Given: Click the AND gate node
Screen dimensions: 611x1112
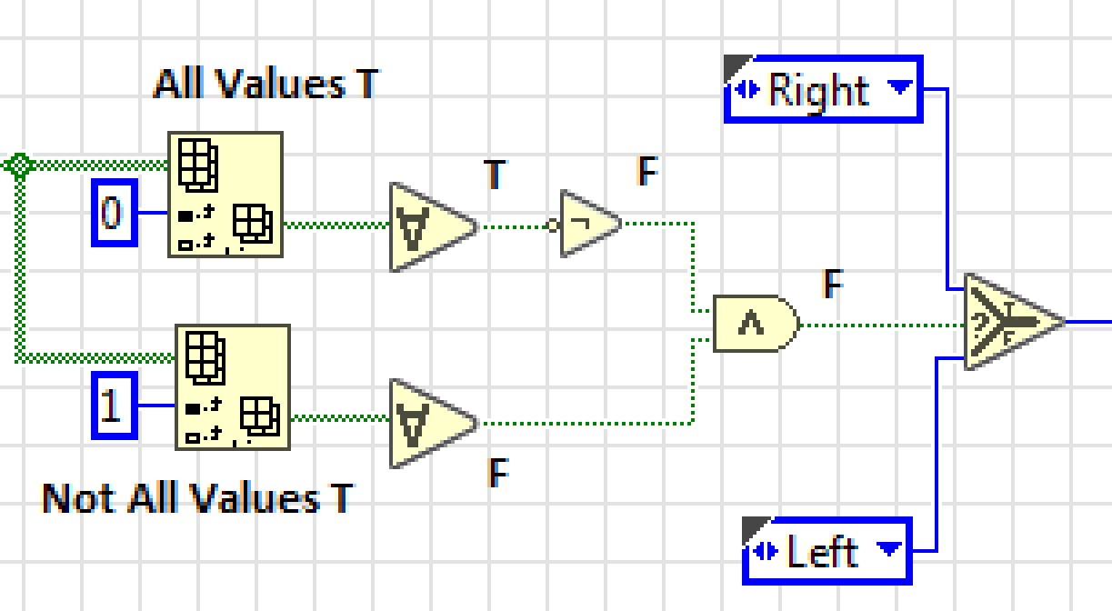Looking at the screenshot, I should click(x=754, y=323).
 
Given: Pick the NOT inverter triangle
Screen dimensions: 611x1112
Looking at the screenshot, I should click(x=588, y=224).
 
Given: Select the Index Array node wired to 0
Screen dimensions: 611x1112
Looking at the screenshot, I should click(x=225, y=195).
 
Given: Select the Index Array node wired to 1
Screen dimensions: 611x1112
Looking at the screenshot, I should click(x=232, y=387).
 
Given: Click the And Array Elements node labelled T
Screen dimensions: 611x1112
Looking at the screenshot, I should click(x=426, y=226).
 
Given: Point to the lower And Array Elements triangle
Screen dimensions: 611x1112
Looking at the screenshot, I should click(x=426, y=423).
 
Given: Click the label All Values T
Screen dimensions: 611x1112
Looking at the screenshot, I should click(x=265, y=84).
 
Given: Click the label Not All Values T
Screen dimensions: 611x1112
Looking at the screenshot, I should click(x=196, y=498).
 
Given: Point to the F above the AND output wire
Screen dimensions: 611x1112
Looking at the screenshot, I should click(x=832, y=285).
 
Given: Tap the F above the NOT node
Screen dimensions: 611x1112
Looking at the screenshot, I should click(x=646, y=172).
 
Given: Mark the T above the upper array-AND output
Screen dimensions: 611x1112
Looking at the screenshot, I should click(x=495, y=174).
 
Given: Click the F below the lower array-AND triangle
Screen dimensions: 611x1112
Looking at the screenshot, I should click(x=497, y=473).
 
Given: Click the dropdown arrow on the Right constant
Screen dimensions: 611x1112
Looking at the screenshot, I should click(x=899, y=88).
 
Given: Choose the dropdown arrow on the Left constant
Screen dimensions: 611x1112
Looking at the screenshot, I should click(x=888, y=549).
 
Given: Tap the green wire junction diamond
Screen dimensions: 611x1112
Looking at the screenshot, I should click(x=19, y=165).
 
